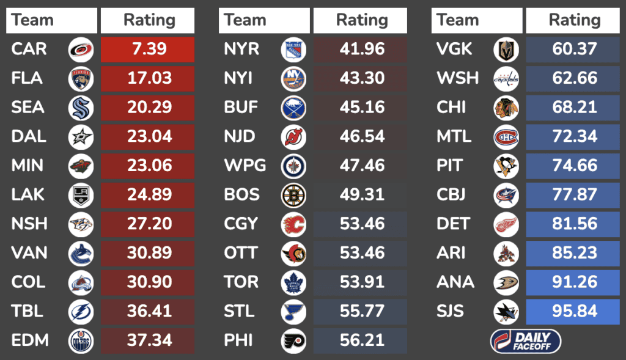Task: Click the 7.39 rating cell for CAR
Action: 147,50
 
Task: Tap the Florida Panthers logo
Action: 81,79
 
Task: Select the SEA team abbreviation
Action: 28,108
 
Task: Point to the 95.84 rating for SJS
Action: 573,311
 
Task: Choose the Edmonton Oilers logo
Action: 81,340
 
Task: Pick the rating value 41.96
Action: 361,50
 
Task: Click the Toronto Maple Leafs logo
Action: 293,282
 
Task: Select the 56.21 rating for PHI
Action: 361,340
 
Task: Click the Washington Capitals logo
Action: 506,79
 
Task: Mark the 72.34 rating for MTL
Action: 573,137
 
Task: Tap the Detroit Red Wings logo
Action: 506,224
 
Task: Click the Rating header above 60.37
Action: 573,20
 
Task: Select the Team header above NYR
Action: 245,20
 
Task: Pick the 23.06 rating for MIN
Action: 147,166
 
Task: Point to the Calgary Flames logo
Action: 293,224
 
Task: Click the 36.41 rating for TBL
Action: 147,311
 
